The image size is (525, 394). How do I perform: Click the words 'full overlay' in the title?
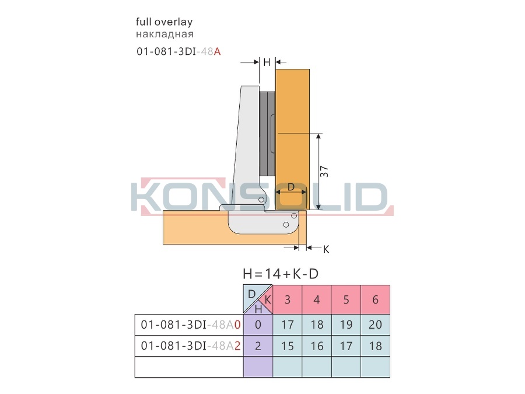pyautogui.click(x=164, y=22)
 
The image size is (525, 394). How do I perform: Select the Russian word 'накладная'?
pyautogui.click(x=164, y=34)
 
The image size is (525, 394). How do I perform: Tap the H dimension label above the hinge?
pyautogui.click(x=267, y=62)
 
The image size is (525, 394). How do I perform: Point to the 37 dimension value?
pyautogui.click(x=324, y=172)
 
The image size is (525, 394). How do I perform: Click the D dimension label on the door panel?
pyautogui.click(x=291, y=187)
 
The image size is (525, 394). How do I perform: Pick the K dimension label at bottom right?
pyautogui.click(x=326, y=249)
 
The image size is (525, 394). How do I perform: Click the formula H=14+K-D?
pyautogui.click(x=281, y=274)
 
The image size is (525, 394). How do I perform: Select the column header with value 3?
pyautogui.click(x=287, y=299)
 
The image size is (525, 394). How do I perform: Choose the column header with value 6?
pyautogui.click(x=375, y=299)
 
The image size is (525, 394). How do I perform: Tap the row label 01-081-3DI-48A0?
pyautogui.click(x=191, y=325)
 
